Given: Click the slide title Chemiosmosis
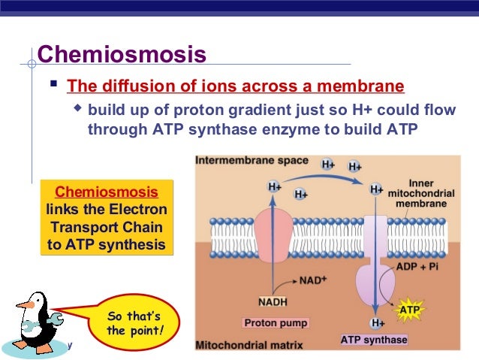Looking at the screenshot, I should pyautogui.click(x=122, y=54).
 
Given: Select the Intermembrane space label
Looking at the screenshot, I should pyautogui.click(x=249, y=162).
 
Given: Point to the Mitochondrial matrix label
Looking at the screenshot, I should pyautogui.click(x=247, y=346).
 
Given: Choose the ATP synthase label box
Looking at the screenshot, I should pyautogui.click(x=373, y=340).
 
